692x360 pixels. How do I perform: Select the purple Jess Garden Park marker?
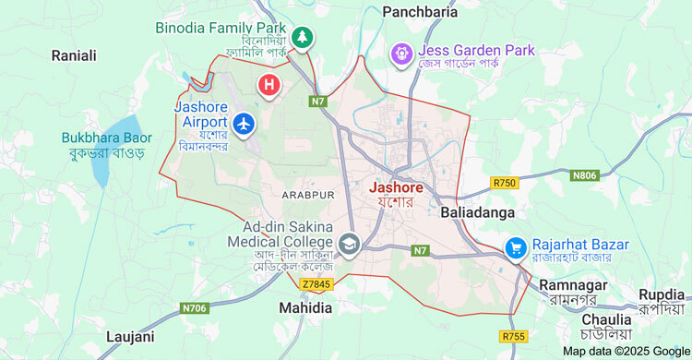point(401,54)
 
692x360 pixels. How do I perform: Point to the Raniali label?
point(74,55)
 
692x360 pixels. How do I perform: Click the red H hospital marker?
point(268,86)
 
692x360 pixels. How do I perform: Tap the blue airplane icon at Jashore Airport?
point(244,122)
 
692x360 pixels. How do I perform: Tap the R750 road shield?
point(506,183)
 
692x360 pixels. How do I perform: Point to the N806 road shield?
point(585,174)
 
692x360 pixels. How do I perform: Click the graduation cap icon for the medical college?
point(349,244)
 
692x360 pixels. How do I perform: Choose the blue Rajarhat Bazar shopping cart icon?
point(515,247)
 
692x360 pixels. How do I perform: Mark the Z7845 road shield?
point(340,284)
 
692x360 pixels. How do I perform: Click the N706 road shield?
point(195,307)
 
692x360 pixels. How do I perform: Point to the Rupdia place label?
point(662,294)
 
